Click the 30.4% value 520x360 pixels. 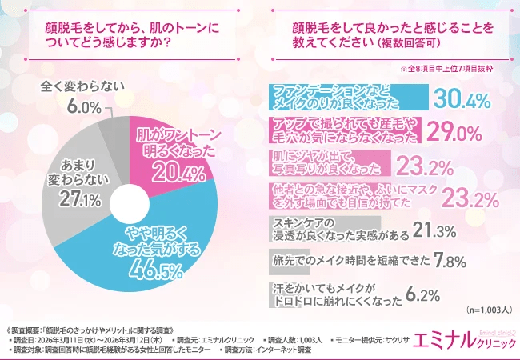460,99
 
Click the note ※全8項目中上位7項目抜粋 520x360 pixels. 455,69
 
